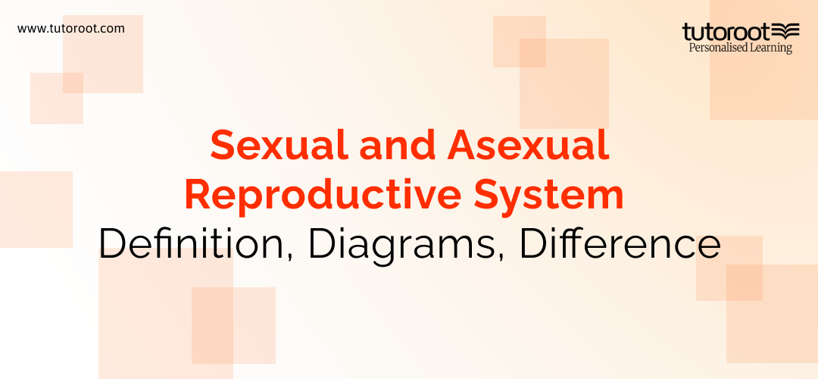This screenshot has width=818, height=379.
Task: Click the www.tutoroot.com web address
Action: (x=71, y=29)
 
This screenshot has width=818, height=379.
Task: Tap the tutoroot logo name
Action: (x=726, y=32)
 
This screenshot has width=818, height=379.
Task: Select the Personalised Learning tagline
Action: (x=740, y=48)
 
